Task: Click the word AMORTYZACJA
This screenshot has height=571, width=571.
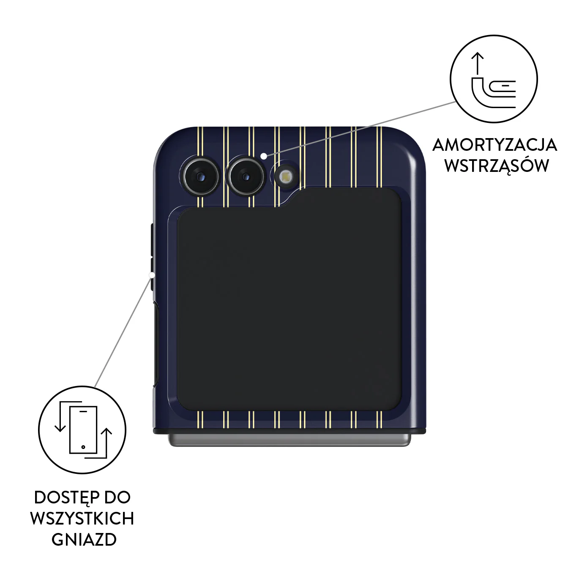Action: tap(495, 145)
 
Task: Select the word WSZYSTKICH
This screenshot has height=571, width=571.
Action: tap(82, 519)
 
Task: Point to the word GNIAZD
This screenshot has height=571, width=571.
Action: tap(84, 540)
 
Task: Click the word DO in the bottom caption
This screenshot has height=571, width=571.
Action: tap(117, 498)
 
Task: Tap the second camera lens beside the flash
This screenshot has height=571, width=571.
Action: tap(246, 177)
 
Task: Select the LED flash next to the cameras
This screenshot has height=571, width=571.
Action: tap(285, 177)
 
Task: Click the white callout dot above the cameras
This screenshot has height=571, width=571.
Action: tap(263, 155)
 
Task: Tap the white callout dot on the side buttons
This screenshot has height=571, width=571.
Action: tap(152, 275)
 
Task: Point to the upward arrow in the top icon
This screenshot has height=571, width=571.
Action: tap(478, 64)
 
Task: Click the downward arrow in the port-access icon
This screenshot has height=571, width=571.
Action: tap(60, 416)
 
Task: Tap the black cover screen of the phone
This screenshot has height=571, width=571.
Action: tap(289, 299)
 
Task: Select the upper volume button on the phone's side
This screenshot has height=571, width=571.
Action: tap(152, 239)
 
